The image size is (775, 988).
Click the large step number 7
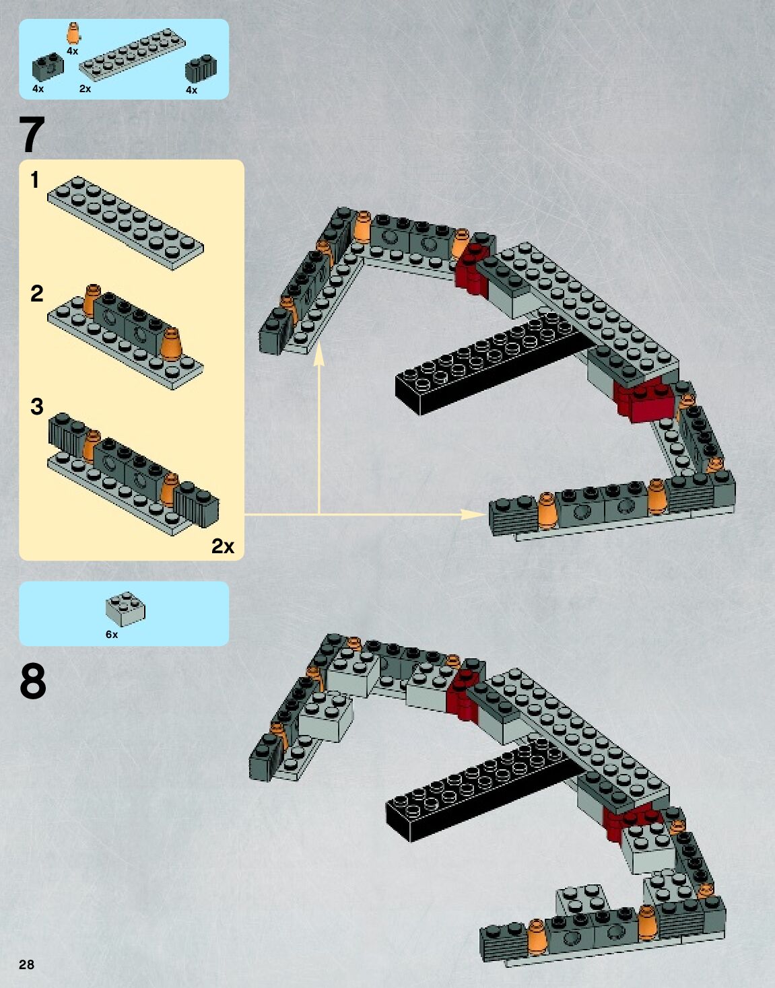(32, 135)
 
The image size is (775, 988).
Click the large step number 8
(33, 681)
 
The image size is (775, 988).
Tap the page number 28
(26, 964)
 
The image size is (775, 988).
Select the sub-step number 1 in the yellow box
(35, 180)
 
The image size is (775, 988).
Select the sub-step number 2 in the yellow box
(36, 293)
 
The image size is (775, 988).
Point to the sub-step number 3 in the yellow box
(36, 407)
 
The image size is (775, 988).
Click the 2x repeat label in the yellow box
(223, 546)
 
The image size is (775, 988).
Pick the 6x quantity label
(112, 635)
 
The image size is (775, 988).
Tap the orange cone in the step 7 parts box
(73, 33)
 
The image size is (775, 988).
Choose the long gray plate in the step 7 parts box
(131, 55)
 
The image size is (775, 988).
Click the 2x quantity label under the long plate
(85, 89)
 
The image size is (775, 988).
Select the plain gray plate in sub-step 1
(125, 223)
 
